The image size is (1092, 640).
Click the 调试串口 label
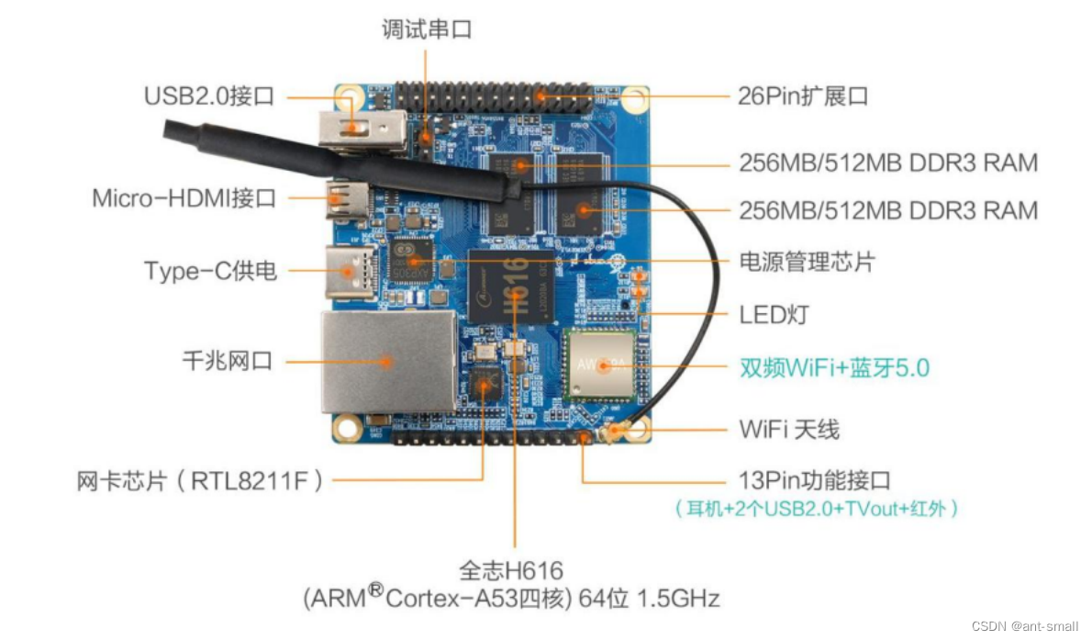coord(427,29)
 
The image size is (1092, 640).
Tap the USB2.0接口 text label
coord(209,96)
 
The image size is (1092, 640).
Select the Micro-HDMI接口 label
coord(184,197)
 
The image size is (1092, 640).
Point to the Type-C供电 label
coord(210,271)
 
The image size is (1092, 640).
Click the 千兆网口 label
coord(228,361)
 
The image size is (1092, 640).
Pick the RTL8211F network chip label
coord(200,479)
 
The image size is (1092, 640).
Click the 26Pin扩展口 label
coord(803,95)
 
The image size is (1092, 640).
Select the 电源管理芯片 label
coord(807,262)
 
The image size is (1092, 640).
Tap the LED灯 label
coord(774,315)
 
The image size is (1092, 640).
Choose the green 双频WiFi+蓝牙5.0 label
coord(834,368)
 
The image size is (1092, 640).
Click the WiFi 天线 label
coord(788,429)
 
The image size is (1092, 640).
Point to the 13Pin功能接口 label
coord(814,479)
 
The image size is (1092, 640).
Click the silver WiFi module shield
coord(600,364)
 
